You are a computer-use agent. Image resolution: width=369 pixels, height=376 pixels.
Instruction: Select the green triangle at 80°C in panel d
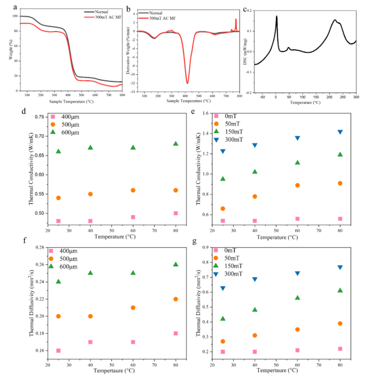pyautogui.click(x=175, y=144)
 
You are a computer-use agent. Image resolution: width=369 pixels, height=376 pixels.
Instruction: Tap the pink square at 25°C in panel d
pyautogui.click(x=59, y=221)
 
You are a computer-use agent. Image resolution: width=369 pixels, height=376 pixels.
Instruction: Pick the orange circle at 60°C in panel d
pyautogui.click(x=133, y=190)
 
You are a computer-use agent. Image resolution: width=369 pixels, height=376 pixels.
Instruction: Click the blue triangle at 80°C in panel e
pyautogui.click(x=340, y=132)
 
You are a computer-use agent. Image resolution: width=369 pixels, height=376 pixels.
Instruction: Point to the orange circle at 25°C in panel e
pyautogui.click(x=222, y=209)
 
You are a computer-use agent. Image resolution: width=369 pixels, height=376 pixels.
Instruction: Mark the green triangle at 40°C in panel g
pyautogui.click(x=255, y=310)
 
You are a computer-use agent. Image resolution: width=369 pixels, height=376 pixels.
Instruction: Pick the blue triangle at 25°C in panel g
pyautogui.click(x=222, y=288)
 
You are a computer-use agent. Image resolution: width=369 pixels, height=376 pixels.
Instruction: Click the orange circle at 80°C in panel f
pyautogui.click(x=175, y=299)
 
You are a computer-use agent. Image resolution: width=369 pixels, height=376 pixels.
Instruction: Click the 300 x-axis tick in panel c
pyautogui.click(x=356, y=97)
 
